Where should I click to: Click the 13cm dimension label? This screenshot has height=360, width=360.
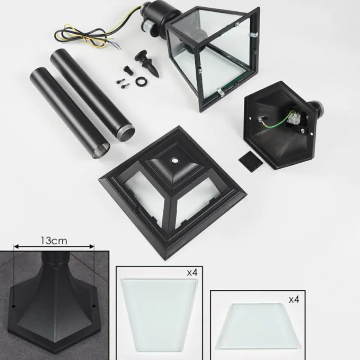pyautogui.click(x=54, y=241)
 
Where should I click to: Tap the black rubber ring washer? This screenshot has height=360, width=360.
pyautogui.click(x=141, y=81)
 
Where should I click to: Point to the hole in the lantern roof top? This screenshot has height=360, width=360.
pyautogui.click(x=175, y=161)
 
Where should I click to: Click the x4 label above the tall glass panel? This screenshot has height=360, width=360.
pyautogui.click(x=192, y=273)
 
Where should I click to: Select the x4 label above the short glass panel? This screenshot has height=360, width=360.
pyautogui.click(x=294, y=300)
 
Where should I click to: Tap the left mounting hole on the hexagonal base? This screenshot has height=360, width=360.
pyautogui.click(x=14, y=306)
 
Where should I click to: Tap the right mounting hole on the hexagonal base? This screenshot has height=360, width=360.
pyautogui.click(x=94, y=306)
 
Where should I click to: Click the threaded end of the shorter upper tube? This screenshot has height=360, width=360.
pyautogui.click(x=126, y=134)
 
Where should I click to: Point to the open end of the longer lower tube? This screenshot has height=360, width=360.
pyautogui.click(x=101, y=150)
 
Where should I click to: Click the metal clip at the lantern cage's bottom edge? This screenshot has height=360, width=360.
pyautogui.click(x=221, y=92)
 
